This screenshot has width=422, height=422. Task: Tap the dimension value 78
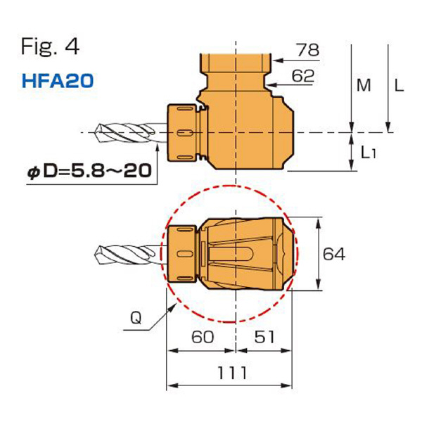(x=307, y=50)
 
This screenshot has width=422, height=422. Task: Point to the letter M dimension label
(x=363, y=86)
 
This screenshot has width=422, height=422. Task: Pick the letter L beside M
(x=399, y=86)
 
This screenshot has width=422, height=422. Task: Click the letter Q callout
(x=139, y=319)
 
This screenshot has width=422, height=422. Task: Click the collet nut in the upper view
(x=184, y=132)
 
